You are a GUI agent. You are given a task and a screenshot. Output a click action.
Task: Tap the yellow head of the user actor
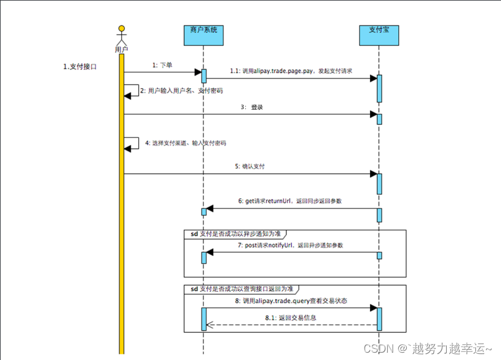122,28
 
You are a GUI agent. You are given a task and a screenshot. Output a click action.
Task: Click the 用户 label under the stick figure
122,48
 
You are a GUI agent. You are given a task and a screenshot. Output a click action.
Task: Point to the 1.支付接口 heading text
80,66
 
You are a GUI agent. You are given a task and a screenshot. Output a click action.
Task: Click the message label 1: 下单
163,65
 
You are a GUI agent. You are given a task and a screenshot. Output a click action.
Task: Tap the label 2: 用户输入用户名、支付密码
181,91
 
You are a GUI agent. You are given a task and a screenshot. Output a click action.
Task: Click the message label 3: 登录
251,107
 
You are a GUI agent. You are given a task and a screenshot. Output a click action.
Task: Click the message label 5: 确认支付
250,166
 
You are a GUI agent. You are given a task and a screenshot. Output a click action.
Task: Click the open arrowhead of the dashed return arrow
209,325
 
